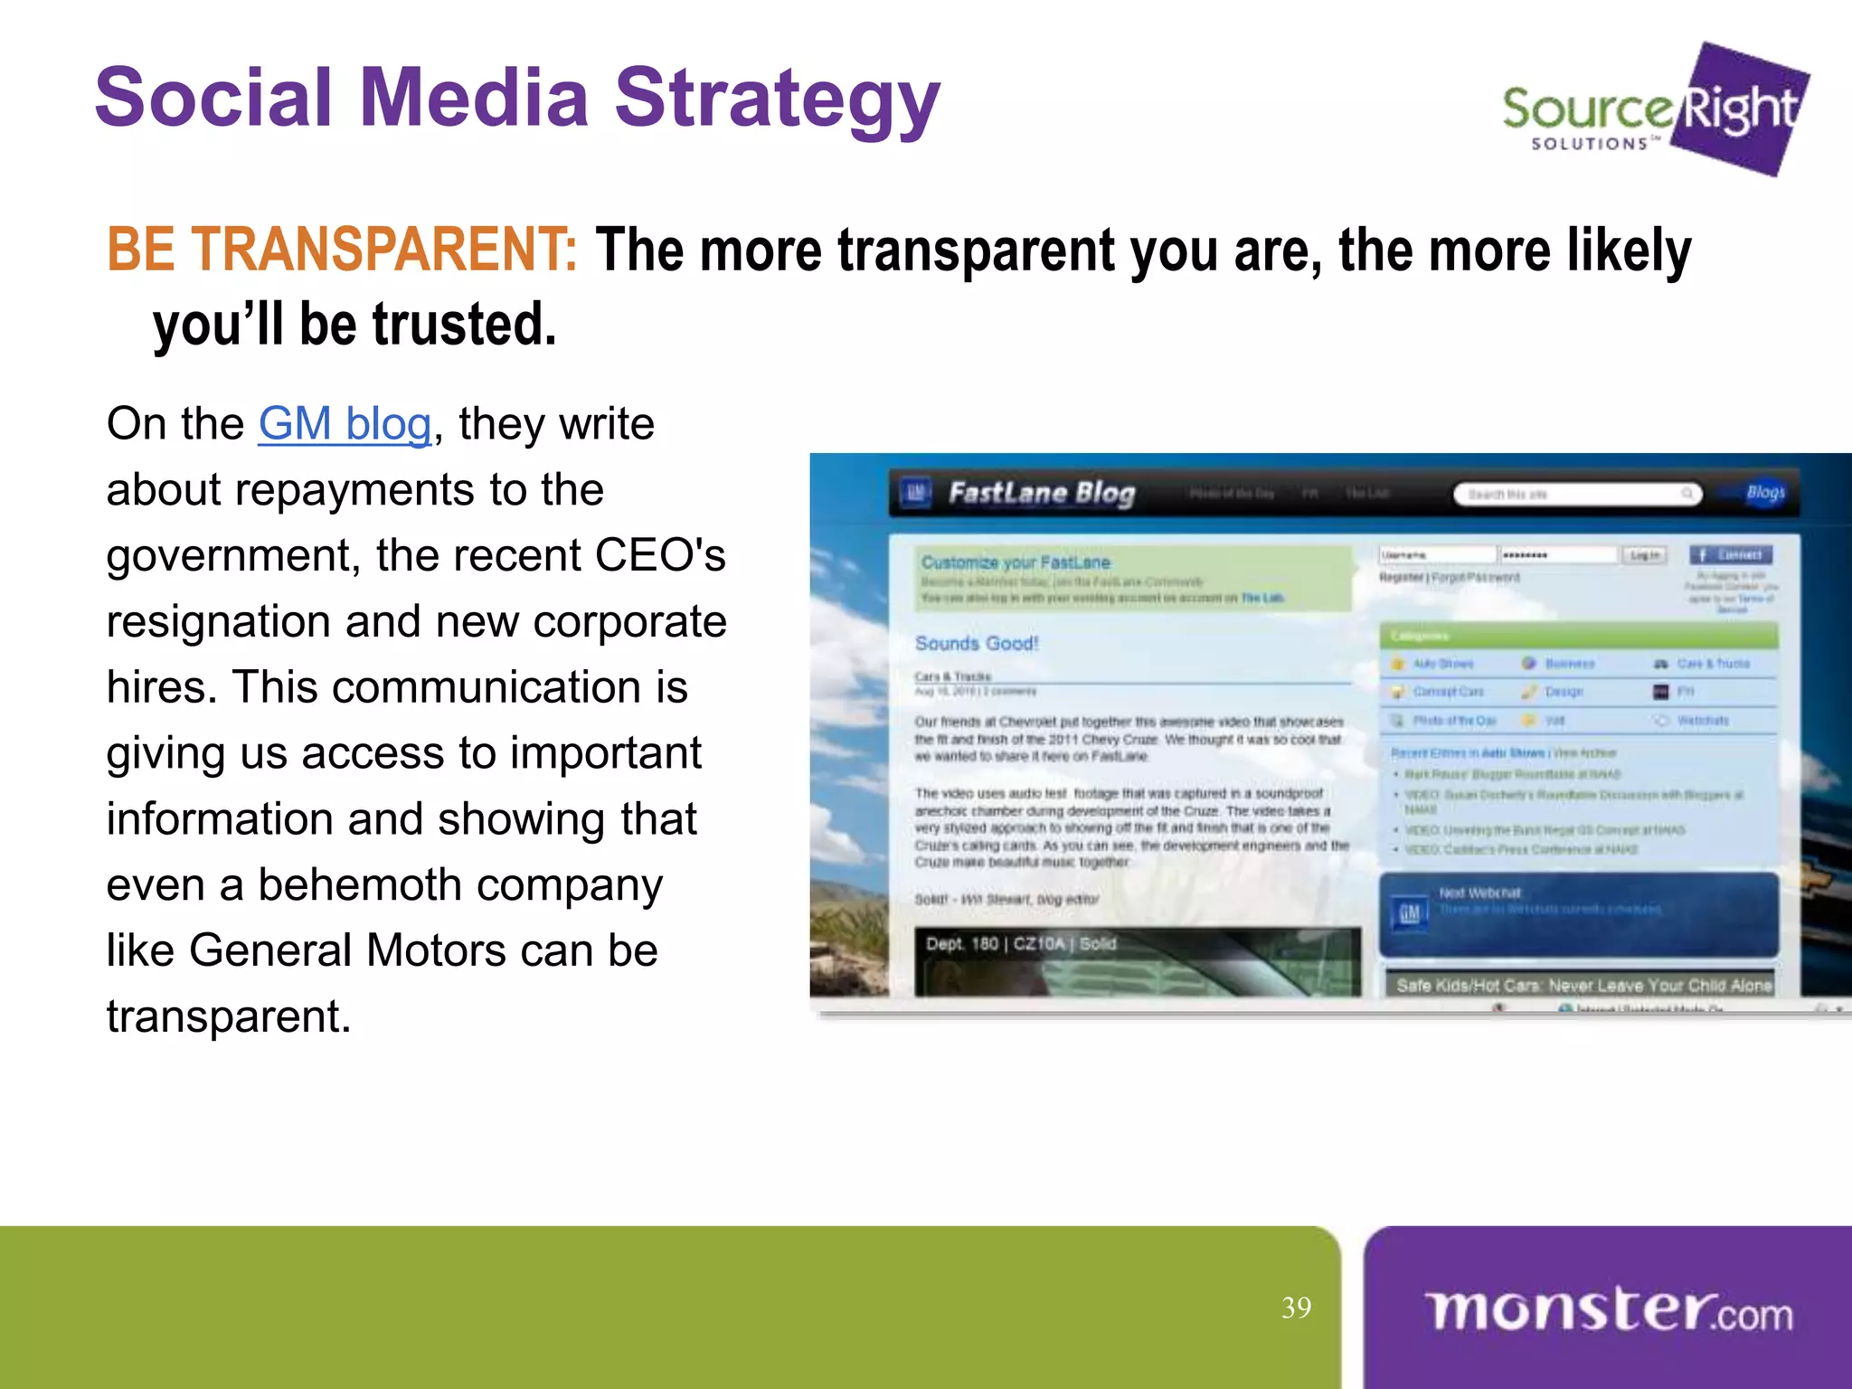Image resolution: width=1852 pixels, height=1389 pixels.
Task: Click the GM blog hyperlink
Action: pos(345,424)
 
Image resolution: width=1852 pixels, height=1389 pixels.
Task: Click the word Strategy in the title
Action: pos(777,99)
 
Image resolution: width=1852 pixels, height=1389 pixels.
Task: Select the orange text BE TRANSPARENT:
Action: pos(342,250)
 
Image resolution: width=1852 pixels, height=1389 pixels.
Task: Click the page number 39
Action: pos(1296,1308)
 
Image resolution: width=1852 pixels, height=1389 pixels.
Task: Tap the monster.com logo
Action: pos(1608,1311)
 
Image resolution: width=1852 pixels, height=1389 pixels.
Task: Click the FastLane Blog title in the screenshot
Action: pos(1041,493)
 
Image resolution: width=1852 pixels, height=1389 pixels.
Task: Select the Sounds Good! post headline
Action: pos(977,643)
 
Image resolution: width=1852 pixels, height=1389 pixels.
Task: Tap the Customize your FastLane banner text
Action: pos(1016,562)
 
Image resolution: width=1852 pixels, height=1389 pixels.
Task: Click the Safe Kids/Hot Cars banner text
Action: pos(1583,985)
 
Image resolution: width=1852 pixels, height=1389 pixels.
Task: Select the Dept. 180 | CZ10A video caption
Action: pos(1021,943)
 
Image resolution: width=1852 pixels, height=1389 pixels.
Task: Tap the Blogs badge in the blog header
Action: pos(1764,492)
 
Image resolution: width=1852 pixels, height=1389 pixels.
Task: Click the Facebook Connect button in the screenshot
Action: pos(1731,554)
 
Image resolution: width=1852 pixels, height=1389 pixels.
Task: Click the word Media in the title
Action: pos(474,99)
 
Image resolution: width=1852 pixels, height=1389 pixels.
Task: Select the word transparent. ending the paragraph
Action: pos(229,1016)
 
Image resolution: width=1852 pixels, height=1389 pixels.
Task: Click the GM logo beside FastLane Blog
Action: pos(916,493)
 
